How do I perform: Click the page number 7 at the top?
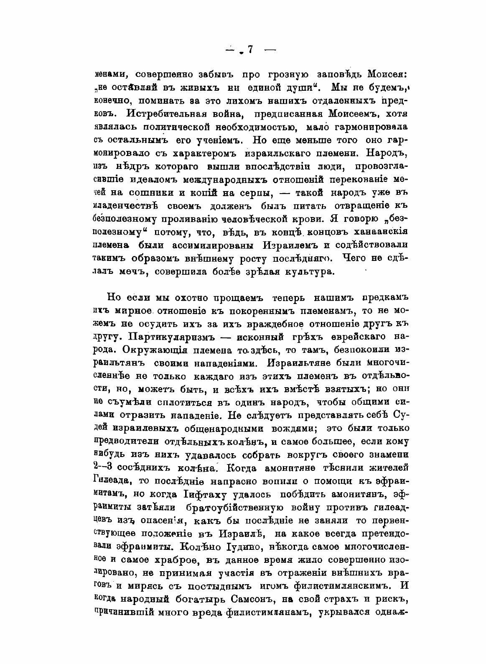250,50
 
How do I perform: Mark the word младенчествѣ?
124,205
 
